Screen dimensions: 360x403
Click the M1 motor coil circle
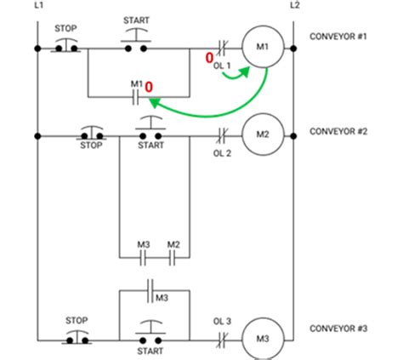263,47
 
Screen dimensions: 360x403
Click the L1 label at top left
39,5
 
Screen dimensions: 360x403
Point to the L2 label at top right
294,5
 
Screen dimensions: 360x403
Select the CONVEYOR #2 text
338,132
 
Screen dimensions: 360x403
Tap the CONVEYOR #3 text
338,329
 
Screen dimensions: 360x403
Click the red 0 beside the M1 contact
149,87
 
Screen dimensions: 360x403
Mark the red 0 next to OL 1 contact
207,58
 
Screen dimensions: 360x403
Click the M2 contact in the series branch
173,256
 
